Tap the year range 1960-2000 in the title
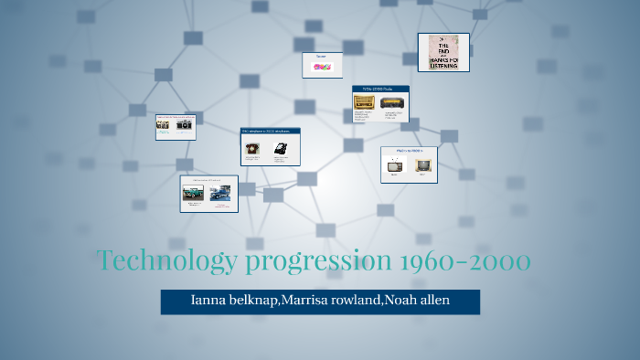click(x=465, y=261)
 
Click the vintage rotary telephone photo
click(x=252, y=147)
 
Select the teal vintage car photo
click(x=193, y=193)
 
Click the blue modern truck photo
click(x=220, y=193)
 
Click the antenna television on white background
click(x=395, y=164)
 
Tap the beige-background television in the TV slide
click(x=422, y=164)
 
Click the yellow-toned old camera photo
click(x=166, y=126)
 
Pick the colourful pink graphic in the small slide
click(x=322, y=67)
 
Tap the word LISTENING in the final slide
click(x=443, y=65)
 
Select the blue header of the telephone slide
click(x=270, y=132)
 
